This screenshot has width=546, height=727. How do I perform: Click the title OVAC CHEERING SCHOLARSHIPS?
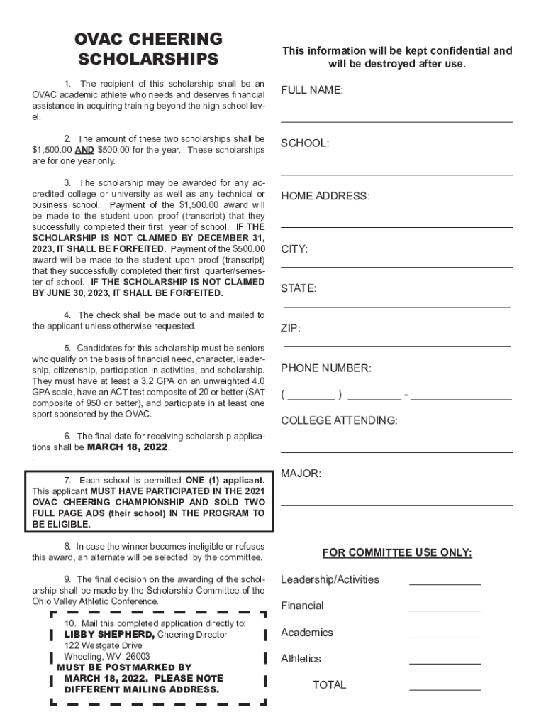coord(149,48)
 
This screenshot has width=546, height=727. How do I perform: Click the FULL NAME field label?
coord(312,90)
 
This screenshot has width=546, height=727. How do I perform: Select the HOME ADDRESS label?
coord(325,196)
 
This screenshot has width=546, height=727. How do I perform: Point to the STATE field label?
coord(299,288)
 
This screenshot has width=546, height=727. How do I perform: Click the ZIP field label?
coord(291,329)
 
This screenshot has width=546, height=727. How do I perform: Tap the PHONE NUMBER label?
coord(325,368)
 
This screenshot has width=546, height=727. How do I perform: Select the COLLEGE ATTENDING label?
coord(339,420)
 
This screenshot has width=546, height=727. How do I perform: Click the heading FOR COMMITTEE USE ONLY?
coord(397,553)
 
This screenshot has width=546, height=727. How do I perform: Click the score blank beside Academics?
coord(445,636)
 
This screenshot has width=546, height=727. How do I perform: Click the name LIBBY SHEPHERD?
coord(109,634)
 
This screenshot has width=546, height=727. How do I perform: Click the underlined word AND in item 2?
coord(84,150)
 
